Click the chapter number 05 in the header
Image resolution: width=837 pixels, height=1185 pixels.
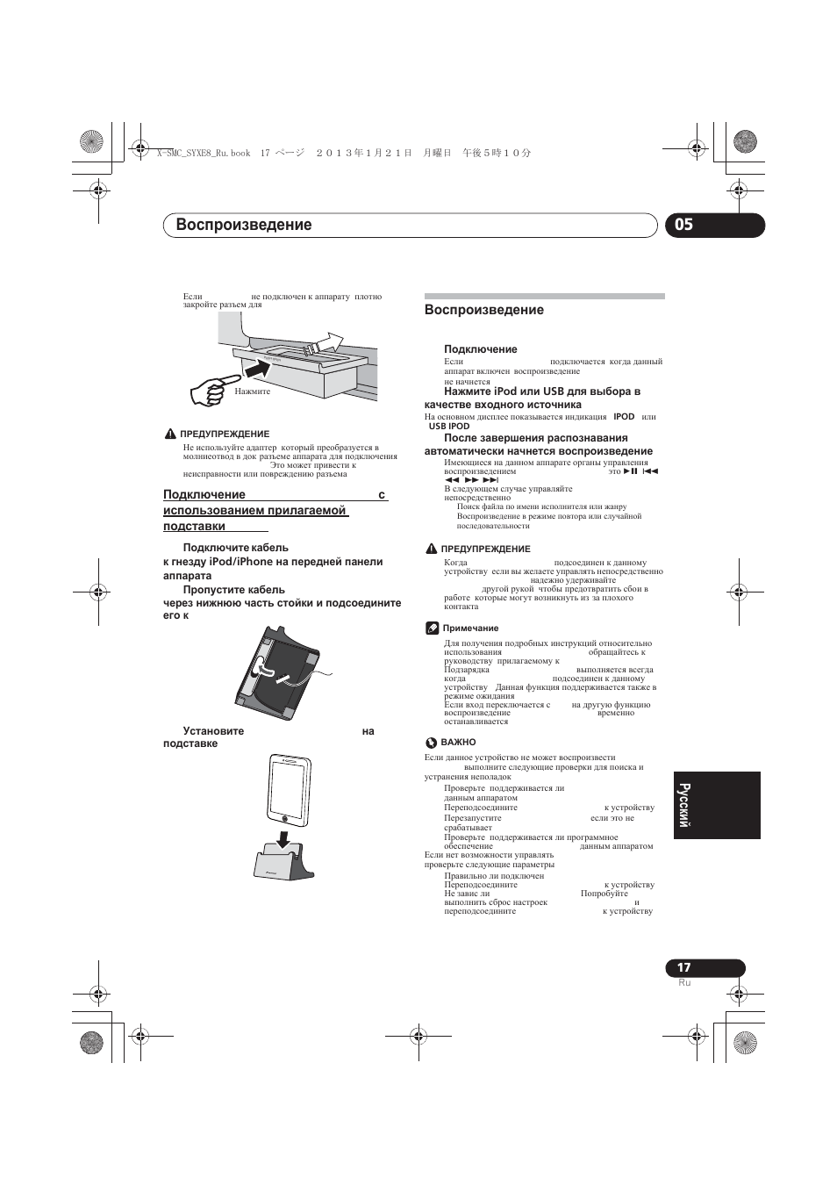click(x=683, y=225)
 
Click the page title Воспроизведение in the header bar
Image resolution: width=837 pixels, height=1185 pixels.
click(x=244, y=225)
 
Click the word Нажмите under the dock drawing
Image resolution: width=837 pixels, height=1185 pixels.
click(x=253, y=391)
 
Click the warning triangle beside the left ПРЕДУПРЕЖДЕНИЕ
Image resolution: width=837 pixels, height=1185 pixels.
click(x=170, y=434)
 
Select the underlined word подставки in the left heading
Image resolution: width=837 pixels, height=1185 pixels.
click(x=194, y=526)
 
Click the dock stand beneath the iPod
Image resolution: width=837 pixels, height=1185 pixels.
click(x=283, y=862)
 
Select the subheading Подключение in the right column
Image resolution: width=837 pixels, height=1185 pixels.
click(x=480, y=349)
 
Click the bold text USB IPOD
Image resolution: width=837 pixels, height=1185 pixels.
click(x=448, y=427)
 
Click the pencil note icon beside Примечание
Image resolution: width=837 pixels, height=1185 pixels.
click(x=432, y=628)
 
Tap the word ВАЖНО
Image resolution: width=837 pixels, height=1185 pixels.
click(x=458, y=743)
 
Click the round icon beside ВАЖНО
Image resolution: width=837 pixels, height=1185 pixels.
click(x=431, y=743)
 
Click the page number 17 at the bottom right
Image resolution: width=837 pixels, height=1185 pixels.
click(x=683, y=967)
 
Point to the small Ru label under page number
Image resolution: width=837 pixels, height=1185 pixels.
click(x=684, y=982)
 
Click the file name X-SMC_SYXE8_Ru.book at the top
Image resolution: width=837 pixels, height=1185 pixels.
click(x=203, y=153)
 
